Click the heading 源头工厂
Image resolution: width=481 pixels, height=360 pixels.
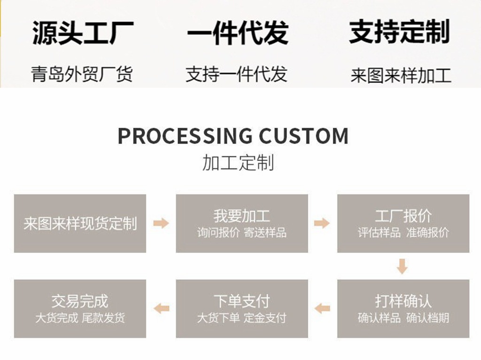[83, 32]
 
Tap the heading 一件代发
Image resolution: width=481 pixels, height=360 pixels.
[238, 32]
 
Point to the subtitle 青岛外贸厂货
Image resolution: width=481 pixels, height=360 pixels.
[82, 74]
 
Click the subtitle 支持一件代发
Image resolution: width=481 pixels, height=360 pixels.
[236, 74]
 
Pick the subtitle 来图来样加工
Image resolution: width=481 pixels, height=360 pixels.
[401, 76]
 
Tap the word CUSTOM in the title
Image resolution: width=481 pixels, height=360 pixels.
[304, 136]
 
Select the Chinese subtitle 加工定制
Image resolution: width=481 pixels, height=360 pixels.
[238, 162]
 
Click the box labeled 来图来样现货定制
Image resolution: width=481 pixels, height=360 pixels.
[80, 223]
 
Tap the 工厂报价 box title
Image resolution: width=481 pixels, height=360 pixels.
[403, 216]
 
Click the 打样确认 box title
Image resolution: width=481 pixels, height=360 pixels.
[403, 301]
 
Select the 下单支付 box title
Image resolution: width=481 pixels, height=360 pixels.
[241, 301]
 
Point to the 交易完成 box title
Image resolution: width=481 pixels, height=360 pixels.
[80, 301]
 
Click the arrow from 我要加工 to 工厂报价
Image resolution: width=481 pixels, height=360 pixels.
[322, 223]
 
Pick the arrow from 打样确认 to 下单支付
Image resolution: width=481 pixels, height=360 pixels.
[322, 308]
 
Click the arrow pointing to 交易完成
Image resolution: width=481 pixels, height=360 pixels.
[162, 308]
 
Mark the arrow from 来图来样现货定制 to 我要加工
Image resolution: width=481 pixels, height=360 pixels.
[161, 223]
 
